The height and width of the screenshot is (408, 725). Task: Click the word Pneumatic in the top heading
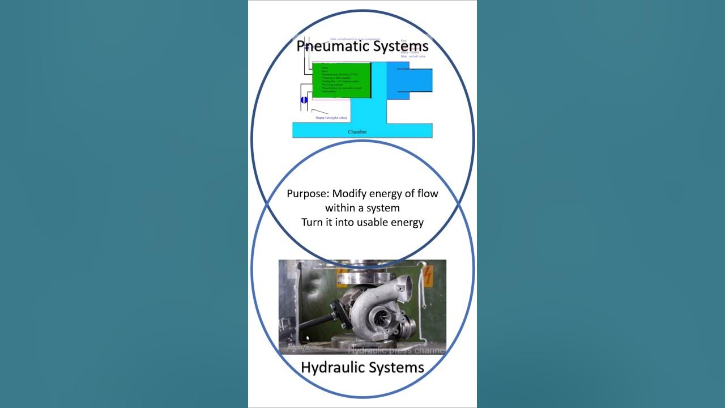click(330, 46)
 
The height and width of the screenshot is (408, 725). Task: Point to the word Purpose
click(308, 194)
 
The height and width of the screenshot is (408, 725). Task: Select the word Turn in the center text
click(313, 222)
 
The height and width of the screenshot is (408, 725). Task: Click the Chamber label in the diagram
click(357, 132)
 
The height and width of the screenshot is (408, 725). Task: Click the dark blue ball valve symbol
click(304, 100)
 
